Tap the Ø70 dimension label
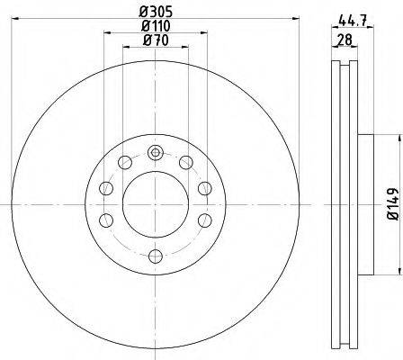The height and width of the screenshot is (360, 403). (154, 40)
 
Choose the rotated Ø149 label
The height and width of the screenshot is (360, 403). (392, 202)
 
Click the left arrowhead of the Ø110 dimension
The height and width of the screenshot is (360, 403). (107, 34)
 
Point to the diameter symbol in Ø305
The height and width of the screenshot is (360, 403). (144, 12)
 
